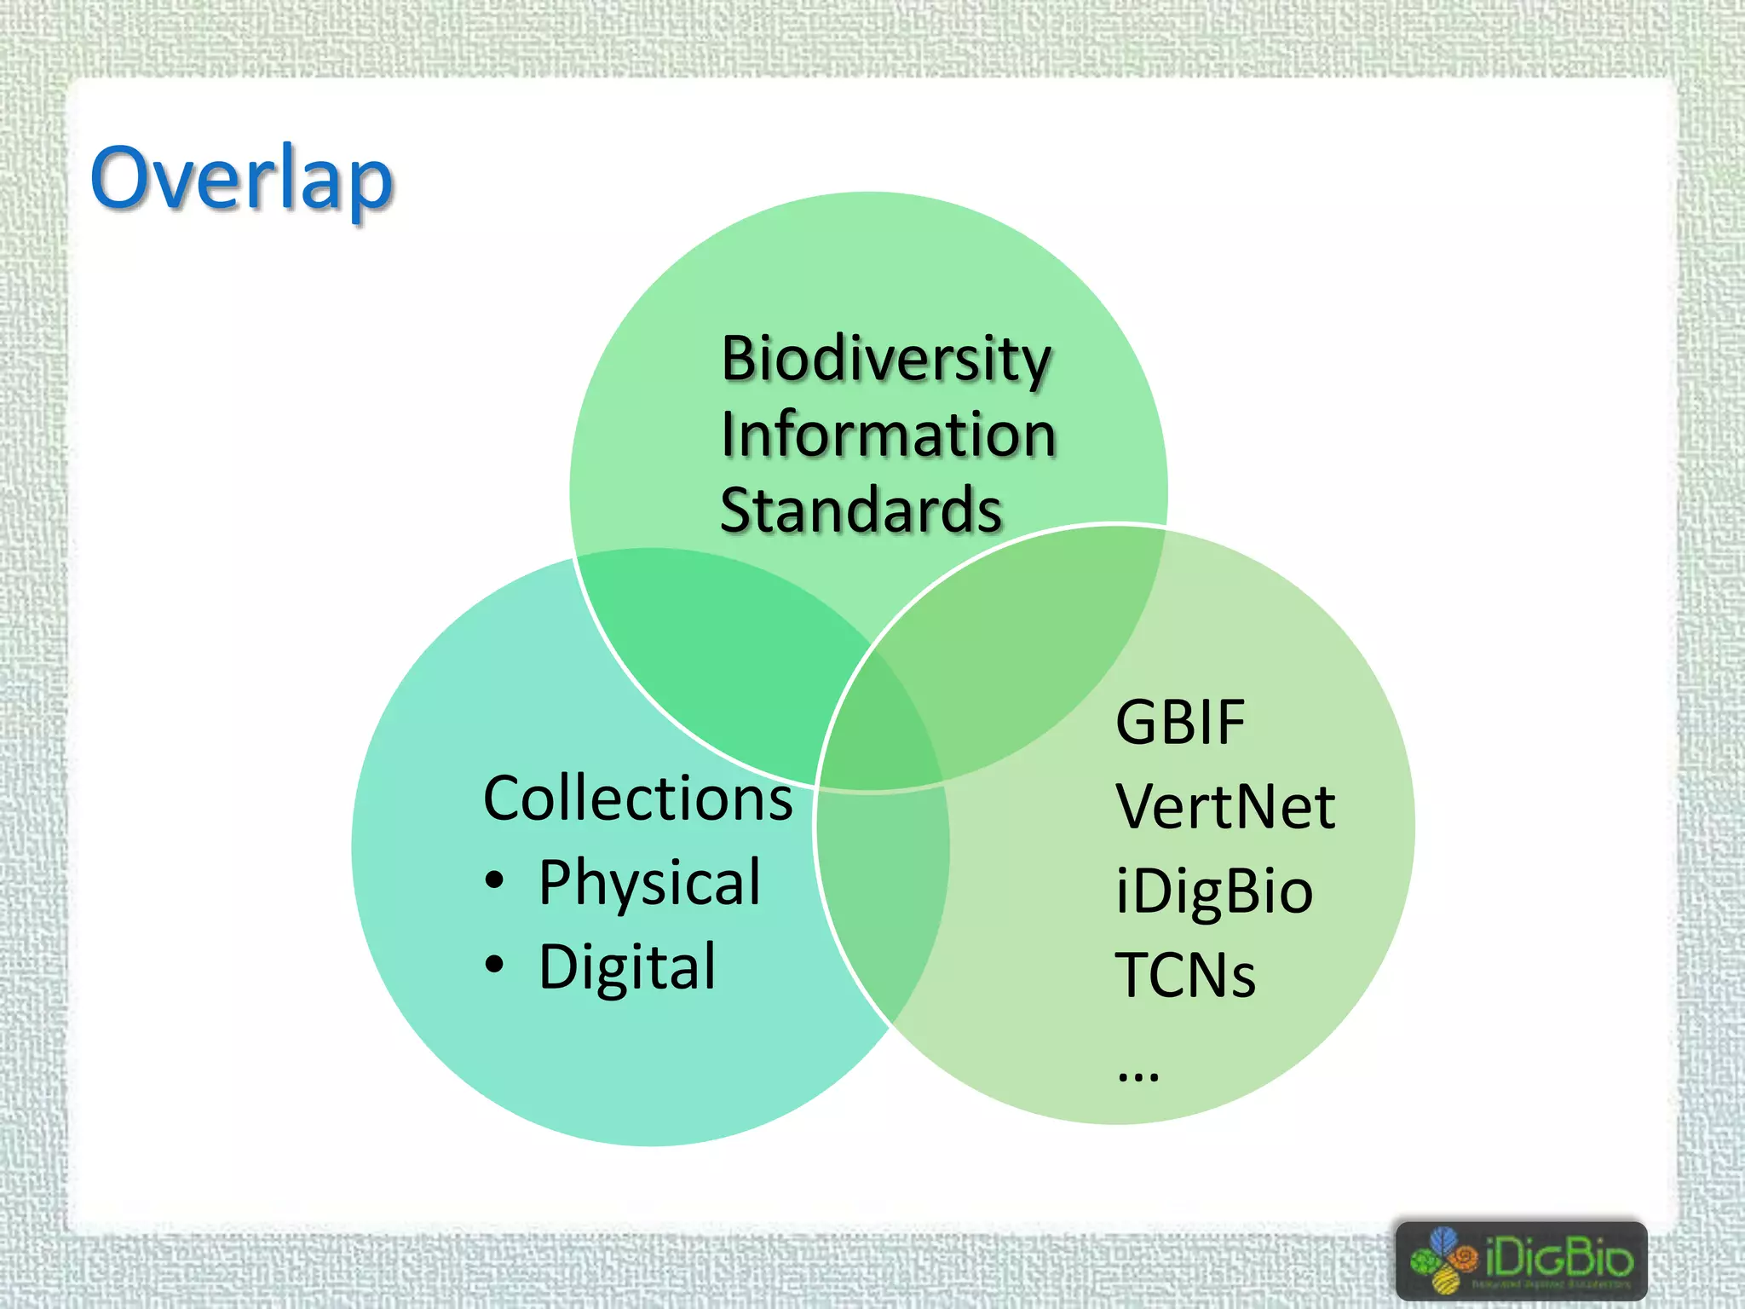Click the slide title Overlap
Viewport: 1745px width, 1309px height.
click(241, 178)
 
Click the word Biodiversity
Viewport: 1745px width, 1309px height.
click(886, 359)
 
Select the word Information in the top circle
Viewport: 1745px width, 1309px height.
click(888, 435)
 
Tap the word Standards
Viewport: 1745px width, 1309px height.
click(861, 510)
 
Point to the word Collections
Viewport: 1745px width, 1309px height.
click(637, 799)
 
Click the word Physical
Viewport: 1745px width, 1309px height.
click(649, 882)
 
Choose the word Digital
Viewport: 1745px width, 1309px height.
click(627, 967)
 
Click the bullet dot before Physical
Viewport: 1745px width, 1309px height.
click(495, 880)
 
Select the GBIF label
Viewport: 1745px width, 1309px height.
click(1180, 723)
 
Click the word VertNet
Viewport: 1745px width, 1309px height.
click(1225, 806)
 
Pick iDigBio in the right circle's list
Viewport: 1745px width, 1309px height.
click(1214, 891)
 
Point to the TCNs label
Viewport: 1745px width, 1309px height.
click(1185, 975)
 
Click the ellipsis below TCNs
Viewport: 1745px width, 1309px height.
click(1138, 1076)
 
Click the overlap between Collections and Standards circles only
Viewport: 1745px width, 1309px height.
click(716, 648)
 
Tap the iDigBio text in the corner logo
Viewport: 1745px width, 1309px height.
click(1558, 1256)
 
